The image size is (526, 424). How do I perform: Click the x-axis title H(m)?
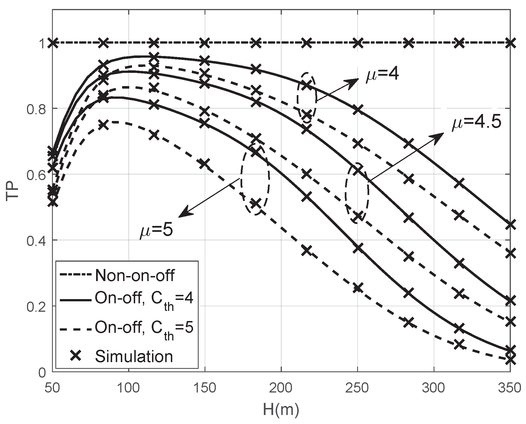point(281,410)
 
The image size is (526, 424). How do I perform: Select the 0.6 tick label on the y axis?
point(35,174)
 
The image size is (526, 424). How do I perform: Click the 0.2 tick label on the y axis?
point(35,306)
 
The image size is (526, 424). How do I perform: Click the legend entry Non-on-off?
point(135,275)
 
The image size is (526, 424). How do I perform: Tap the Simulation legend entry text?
point(134,356)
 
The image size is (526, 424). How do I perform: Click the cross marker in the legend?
point(76,356)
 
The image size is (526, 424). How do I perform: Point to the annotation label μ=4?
point(382,75)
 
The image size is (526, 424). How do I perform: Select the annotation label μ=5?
point(156,231)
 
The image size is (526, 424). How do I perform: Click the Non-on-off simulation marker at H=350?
point(510,43)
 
